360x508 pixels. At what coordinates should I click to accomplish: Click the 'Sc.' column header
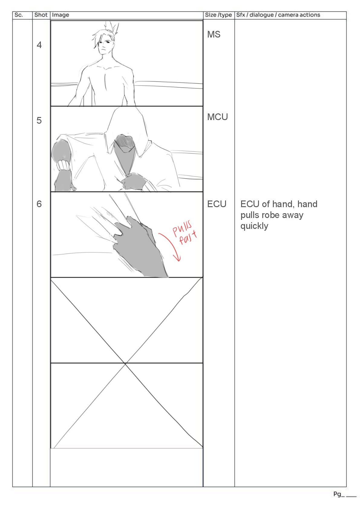click(x=18, y=15)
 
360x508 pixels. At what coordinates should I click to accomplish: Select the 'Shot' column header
click(x=41, y=15)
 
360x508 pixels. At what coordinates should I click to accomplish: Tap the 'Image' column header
click(x=60, y=15)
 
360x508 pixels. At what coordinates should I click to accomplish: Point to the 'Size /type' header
click(x=218, y=15)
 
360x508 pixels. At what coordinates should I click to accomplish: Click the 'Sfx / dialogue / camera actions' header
click(x=278, y=15)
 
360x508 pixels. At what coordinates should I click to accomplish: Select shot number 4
click(x=39, y=45)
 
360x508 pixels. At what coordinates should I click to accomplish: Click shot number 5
click(x=39, y=120)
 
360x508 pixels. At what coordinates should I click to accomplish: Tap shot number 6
click(x=39, y=204)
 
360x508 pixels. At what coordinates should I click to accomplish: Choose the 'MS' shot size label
click(x=214, y=34)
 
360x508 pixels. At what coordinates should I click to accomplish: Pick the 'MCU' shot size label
click(x=217, y=117)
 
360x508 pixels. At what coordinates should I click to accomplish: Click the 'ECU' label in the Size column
click(x=217, y=204)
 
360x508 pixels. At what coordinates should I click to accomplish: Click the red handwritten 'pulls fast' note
click(x=185, y=233)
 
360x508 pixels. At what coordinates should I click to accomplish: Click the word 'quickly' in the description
click(x=254, y=226)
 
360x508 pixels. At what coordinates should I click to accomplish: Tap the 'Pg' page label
click(x=337, y=494)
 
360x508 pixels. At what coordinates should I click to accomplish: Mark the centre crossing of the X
click(x=125, y=364)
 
